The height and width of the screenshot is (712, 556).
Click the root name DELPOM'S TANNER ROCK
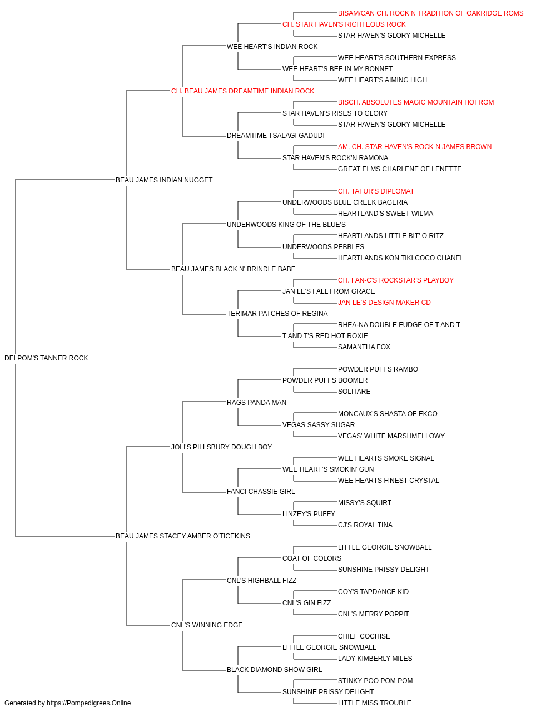pos(46,358)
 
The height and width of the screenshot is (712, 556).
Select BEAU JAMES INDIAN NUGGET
pos(164,180)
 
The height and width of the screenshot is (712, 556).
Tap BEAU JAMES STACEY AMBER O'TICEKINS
pos(183,536)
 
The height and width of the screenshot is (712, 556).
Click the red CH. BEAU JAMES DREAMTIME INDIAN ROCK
pos(242,91)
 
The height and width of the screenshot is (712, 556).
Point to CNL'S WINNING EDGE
pos(207,625)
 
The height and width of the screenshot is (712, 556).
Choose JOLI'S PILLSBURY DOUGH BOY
pos(222,447)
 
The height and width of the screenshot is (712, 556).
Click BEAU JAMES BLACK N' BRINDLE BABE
pos(234,269)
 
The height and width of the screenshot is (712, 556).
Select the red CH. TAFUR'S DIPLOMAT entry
pos(376,191)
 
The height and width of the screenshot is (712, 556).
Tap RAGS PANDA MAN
pos(256,403)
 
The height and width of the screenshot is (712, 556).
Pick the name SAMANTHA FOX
pos(364,347)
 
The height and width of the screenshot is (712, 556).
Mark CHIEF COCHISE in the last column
pos(364,636)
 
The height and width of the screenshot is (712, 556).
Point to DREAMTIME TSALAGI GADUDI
pos(276,136)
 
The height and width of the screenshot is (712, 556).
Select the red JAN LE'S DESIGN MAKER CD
pos(384,303)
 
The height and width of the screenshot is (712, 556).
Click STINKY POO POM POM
pos(375,681)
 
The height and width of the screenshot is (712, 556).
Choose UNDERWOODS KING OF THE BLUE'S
pos(286,224)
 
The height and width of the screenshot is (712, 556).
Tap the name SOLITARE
pos(354,392)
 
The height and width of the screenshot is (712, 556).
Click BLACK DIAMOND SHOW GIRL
pos(275,670)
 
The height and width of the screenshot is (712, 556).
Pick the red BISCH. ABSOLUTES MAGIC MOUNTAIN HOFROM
pos(416,102)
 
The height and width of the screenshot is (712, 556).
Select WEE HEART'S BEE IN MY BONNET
pos(337,69)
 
